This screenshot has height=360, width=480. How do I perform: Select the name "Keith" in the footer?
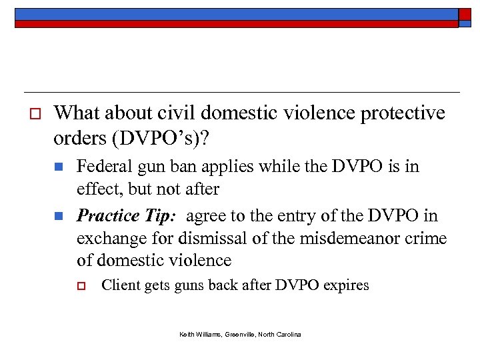point(187,334)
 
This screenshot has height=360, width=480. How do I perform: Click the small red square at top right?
point(465,15)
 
